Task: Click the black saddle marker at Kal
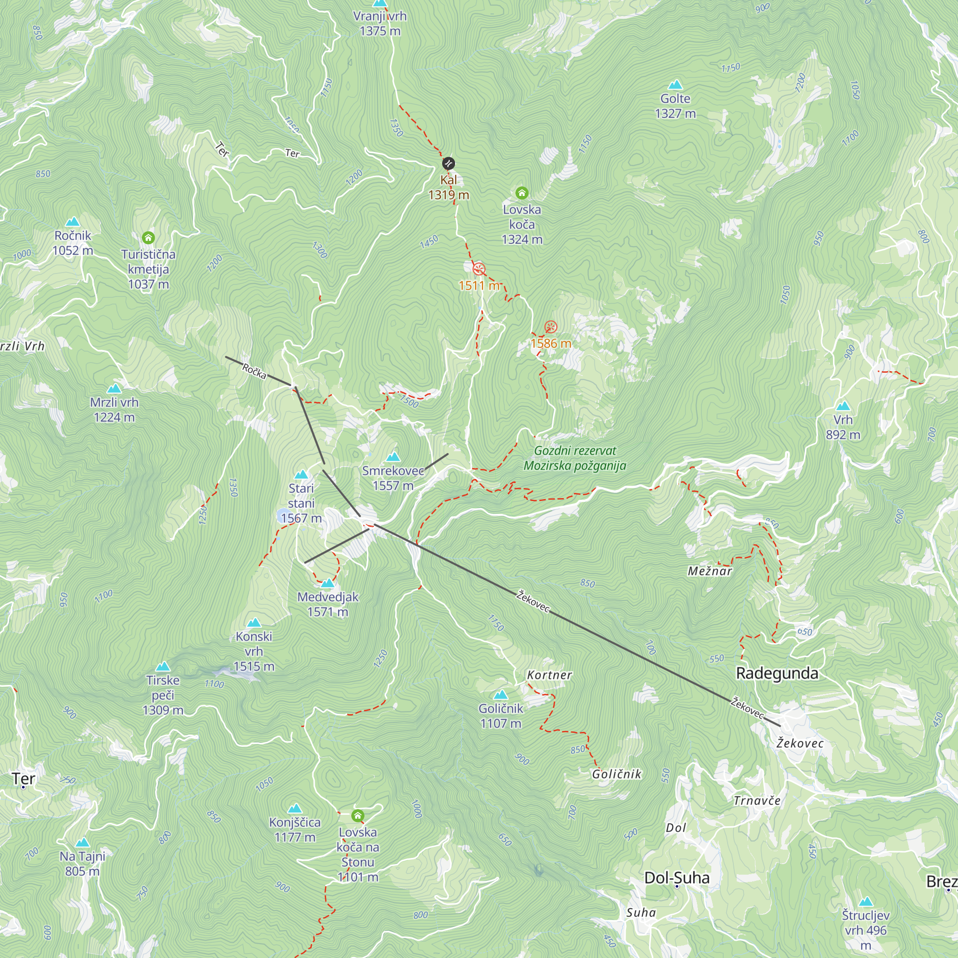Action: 448,163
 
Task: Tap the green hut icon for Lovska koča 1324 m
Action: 522,193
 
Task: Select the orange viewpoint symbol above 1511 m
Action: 479,269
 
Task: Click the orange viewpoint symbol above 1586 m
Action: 550,327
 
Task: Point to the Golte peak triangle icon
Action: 675,85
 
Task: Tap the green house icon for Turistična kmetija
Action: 148,238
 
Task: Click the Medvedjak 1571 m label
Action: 328,604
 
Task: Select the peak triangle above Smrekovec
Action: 393,456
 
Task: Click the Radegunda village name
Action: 777,673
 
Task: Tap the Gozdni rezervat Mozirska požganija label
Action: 575,457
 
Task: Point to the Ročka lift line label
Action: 254,371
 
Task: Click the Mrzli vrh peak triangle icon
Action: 114,388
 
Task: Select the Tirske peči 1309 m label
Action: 163,695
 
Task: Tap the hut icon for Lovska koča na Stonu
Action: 357,815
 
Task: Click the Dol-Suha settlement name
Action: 676,878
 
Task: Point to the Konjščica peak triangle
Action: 295,808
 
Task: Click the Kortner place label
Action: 549,675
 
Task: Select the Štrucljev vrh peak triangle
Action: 865,901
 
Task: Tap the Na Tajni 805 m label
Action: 82,863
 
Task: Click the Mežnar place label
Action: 709,571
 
